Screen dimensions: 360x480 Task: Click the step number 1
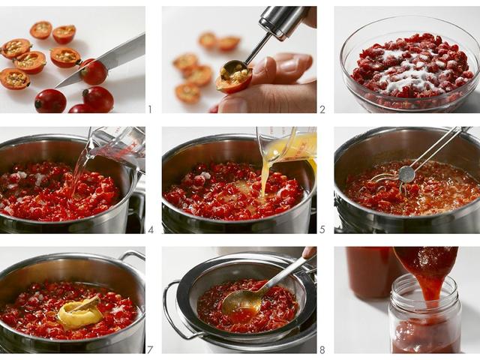pos(149,109)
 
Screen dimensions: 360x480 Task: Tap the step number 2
pos(322,109)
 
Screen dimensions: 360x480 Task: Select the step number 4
pos(150,229)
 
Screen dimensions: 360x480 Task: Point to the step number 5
pos(322,229)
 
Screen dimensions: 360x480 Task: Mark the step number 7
pos(150,349)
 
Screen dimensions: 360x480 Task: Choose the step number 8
pos(322,349)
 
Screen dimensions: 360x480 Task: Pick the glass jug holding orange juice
pos(289,145)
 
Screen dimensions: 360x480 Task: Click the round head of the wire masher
pos(406,174)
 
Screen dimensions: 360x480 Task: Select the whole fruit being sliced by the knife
pos(94,73)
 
